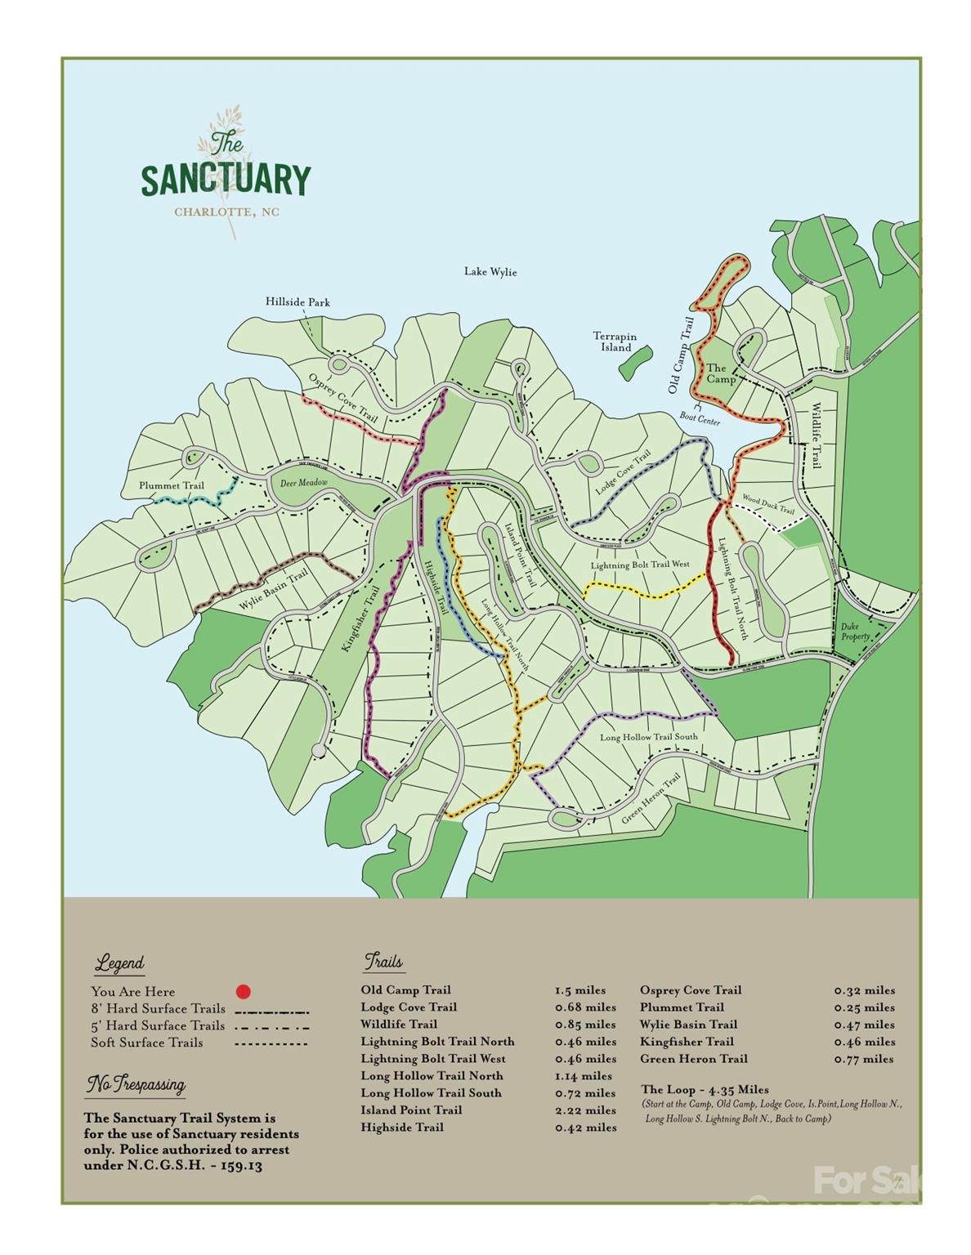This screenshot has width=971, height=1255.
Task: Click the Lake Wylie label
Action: point(490,271)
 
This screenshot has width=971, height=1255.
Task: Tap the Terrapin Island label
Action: point(615,342)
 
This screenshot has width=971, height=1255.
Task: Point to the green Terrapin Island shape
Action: point(634,360)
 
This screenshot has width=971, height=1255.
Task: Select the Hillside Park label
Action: point(298,302)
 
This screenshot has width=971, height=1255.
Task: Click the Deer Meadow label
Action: point(303,484)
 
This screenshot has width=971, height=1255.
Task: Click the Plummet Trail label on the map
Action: point(171,485)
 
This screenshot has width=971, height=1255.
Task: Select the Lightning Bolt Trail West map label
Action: point(640,565)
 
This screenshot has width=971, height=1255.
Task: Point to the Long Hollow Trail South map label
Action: point(649,737)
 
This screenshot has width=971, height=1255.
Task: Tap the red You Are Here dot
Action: point(243,992)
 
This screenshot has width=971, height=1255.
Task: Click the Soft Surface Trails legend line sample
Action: point(271,1043)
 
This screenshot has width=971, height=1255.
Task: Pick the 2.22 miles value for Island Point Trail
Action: point(585,1110)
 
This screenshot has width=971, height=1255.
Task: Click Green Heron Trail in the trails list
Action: point(693,1059)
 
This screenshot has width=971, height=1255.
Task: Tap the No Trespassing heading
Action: point(136,1085)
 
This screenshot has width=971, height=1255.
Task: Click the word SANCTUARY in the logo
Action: point(226,180)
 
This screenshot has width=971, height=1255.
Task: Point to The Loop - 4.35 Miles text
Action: point(705,1089)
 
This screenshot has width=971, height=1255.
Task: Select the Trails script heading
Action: point(383,961)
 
